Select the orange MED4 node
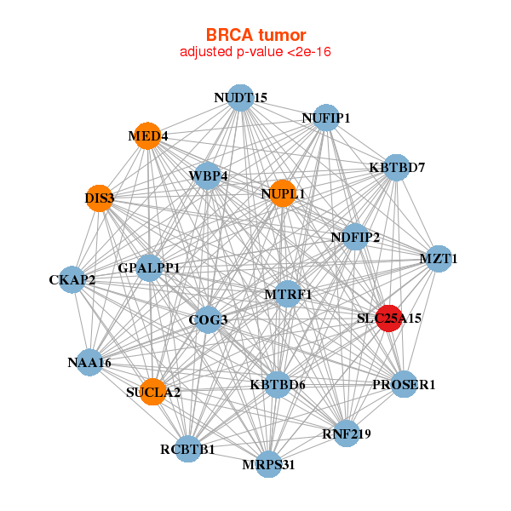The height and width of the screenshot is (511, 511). (x=147, y=136)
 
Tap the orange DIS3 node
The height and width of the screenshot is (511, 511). (x=100, y=198)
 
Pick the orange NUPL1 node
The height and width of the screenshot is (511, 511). (x=282, y=194)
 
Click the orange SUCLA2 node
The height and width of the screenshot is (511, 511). (x=152, y=392)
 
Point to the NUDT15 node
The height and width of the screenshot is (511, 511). (x=240, y=98)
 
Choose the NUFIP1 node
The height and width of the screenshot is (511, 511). (x=326, y=118)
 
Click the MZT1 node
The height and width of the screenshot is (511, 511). (x=438, y=258)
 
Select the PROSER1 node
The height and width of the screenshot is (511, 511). (x=404, y=385)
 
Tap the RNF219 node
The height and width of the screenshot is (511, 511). (x=346, y=433)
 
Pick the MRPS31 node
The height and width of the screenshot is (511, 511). (x=268, y=463)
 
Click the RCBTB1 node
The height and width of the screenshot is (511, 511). (x=188, y=449)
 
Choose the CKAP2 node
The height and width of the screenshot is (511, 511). (x=72, y=279)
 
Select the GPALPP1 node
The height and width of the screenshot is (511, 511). (x=149, y=268)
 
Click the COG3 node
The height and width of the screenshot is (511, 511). (x=208, y=320)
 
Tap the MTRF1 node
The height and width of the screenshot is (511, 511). (x=288, y=295)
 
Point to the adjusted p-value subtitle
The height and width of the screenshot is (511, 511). (x=255, y=52)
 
